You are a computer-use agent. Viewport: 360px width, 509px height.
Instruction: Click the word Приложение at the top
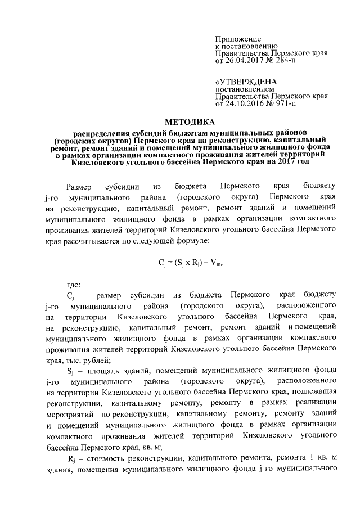click(235, 37)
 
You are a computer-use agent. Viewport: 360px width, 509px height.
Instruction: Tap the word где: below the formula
click(74, 285)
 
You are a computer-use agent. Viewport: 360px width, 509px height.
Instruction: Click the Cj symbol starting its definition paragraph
click(70, 295)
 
